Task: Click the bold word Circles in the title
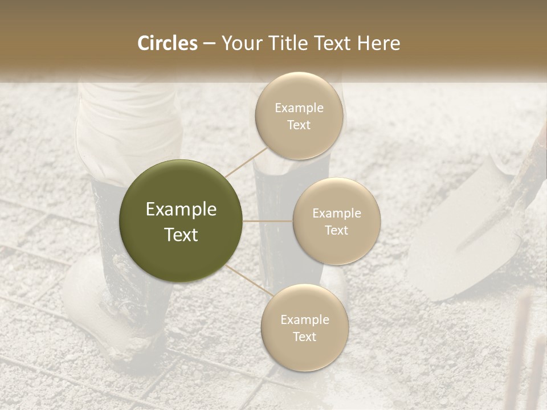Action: click(x=168, y=43)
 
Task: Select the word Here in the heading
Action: click(x=379, y=43)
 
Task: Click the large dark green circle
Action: click(x=181, y=221)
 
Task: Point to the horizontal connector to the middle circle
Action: click(x=268, y=221)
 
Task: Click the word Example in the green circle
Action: click(x=181, y=210)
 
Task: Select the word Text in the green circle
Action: click(x=181, y=235)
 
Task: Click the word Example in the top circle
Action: click(x=299, y=108)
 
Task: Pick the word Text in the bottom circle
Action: click(x=304, y=337)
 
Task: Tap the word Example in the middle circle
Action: click(x=337, y=214)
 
